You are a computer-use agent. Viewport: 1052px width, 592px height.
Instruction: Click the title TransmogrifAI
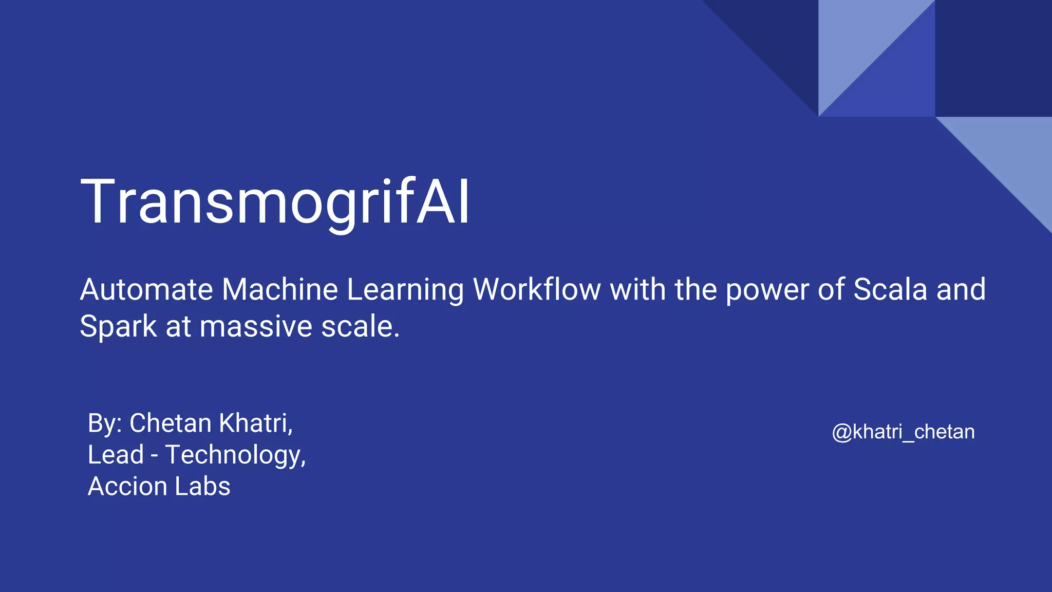point(275,201)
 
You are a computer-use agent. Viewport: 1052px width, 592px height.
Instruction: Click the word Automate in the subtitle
point(146,289)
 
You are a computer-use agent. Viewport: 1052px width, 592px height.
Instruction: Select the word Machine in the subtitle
point(280,289)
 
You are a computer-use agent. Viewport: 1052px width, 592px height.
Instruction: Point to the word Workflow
point(537,289)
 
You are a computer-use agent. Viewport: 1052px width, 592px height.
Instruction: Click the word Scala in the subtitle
point(890,289)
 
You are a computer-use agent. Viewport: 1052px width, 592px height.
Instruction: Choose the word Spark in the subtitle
point(118,327)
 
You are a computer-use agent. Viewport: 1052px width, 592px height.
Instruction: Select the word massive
point(255,327)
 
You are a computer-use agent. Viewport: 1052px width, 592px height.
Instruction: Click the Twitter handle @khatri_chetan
point(903,432)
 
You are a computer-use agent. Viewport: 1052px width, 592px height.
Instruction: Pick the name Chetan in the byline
point(170,423)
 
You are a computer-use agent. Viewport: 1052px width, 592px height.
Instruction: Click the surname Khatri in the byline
point(255,423)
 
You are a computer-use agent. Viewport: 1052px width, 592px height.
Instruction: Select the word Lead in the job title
point(116,455)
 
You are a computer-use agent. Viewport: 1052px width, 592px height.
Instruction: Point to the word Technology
point(235,456)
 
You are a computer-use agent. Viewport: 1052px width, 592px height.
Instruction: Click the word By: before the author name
point(105,424)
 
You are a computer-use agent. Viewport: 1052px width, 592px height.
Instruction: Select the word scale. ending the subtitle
point(360,327)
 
